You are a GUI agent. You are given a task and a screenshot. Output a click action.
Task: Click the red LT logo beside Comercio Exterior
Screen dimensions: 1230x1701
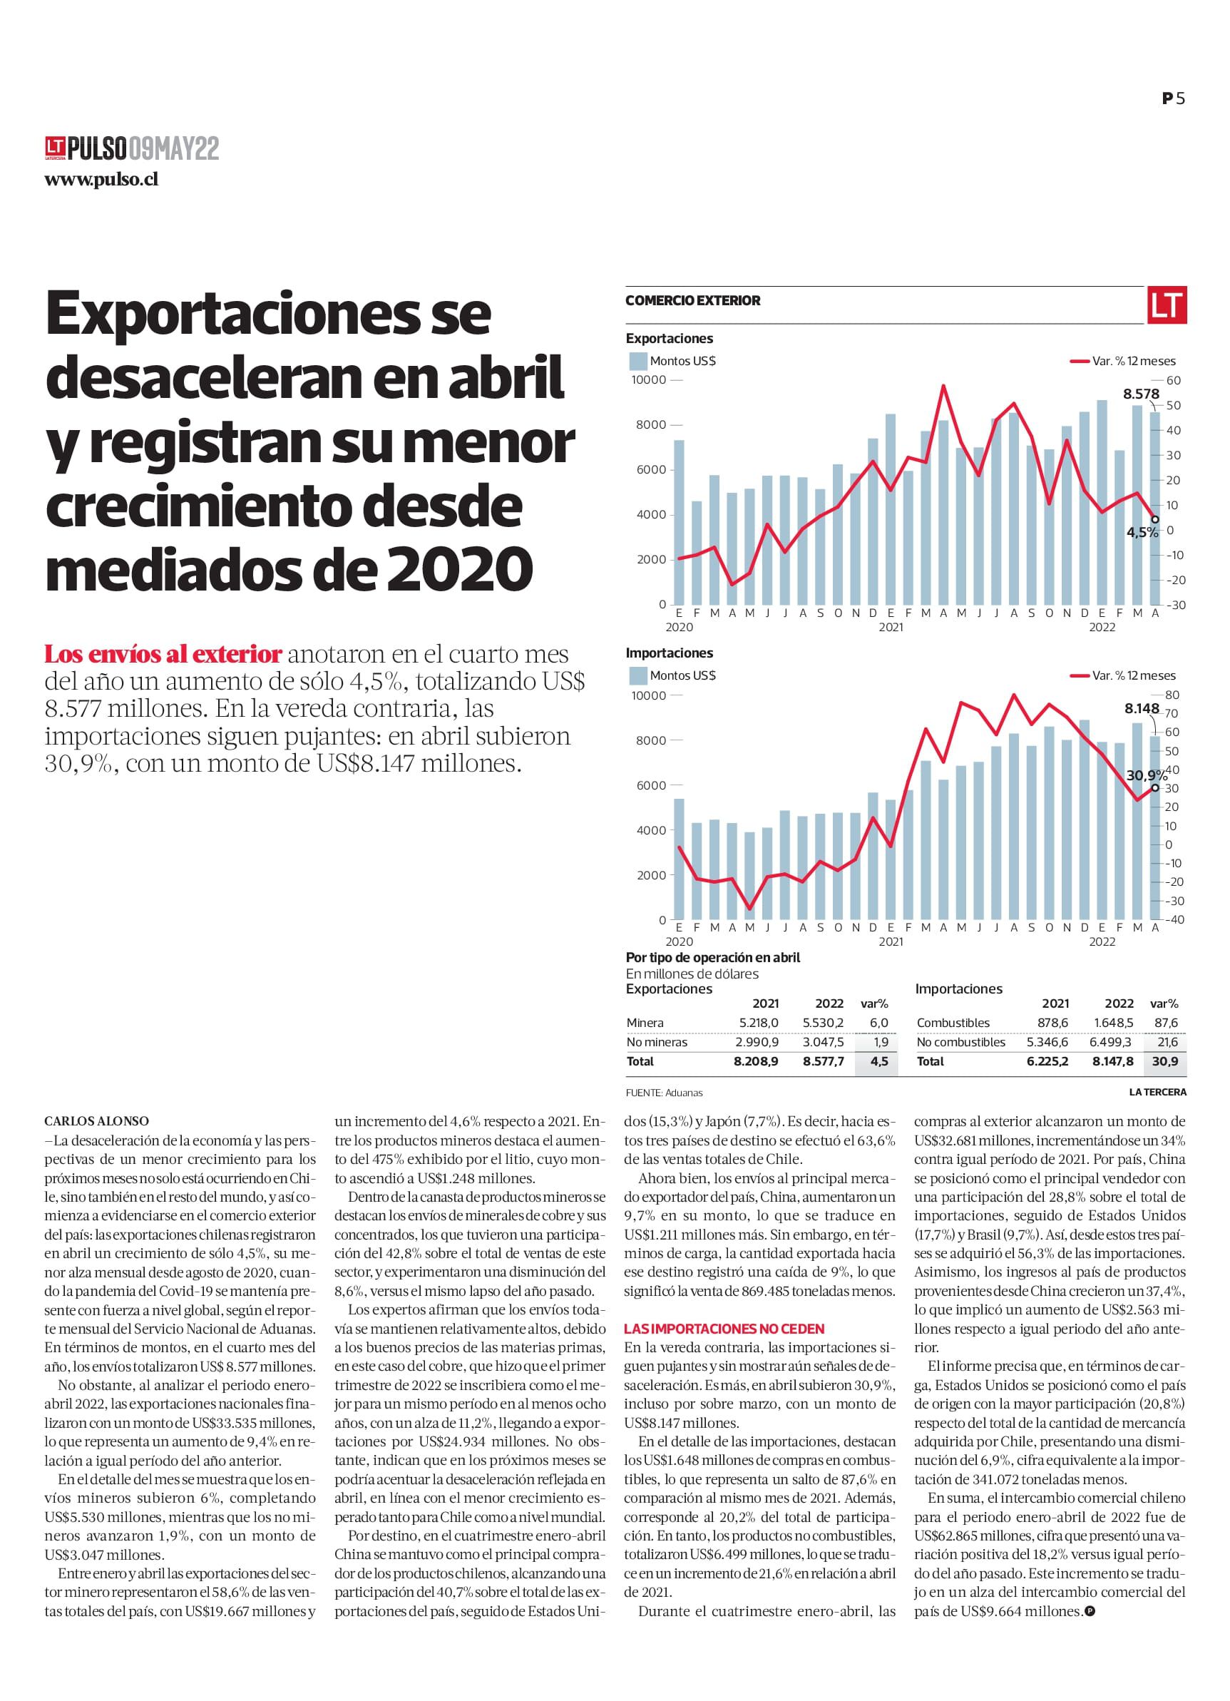[1167, 305]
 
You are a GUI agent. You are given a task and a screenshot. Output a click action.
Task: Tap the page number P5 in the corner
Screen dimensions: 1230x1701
[1174, 98]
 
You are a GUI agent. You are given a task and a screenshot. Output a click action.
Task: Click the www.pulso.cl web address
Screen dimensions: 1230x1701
[101, 180]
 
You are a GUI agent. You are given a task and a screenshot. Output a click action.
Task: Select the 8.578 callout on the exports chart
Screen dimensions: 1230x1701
[1141, 394]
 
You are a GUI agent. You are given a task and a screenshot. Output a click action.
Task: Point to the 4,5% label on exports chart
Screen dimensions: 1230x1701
[1142, 533]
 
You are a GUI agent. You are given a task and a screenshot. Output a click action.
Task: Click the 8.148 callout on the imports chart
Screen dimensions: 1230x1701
[1142, 708]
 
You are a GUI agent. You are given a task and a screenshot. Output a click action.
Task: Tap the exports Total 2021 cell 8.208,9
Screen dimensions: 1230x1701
[756, 1061]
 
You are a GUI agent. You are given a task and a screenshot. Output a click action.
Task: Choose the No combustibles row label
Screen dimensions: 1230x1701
[960, 1042]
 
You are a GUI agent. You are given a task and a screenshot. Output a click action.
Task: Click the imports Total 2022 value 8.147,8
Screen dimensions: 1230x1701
[1113, 1061]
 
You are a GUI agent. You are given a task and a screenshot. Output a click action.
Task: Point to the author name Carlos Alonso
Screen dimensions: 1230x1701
[97, 1121]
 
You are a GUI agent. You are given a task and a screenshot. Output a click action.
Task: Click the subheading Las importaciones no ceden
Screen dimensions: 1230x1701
[724, 1328]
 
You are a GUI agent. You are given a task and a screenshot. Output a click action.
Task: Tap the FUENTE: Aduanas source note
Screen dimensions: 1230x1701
[664, 1093]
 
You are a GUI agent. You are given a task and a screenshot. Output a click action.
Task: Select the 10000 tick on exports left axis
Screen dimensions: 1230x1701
[648, 380]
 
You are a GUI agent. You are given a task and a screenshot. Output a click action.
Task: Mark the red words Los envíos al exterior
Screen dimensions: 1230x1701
[163, 654]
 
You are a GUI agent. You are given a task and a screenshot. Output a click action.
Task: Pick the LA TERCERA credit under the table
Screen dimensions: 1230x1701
[1157, 1092]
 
